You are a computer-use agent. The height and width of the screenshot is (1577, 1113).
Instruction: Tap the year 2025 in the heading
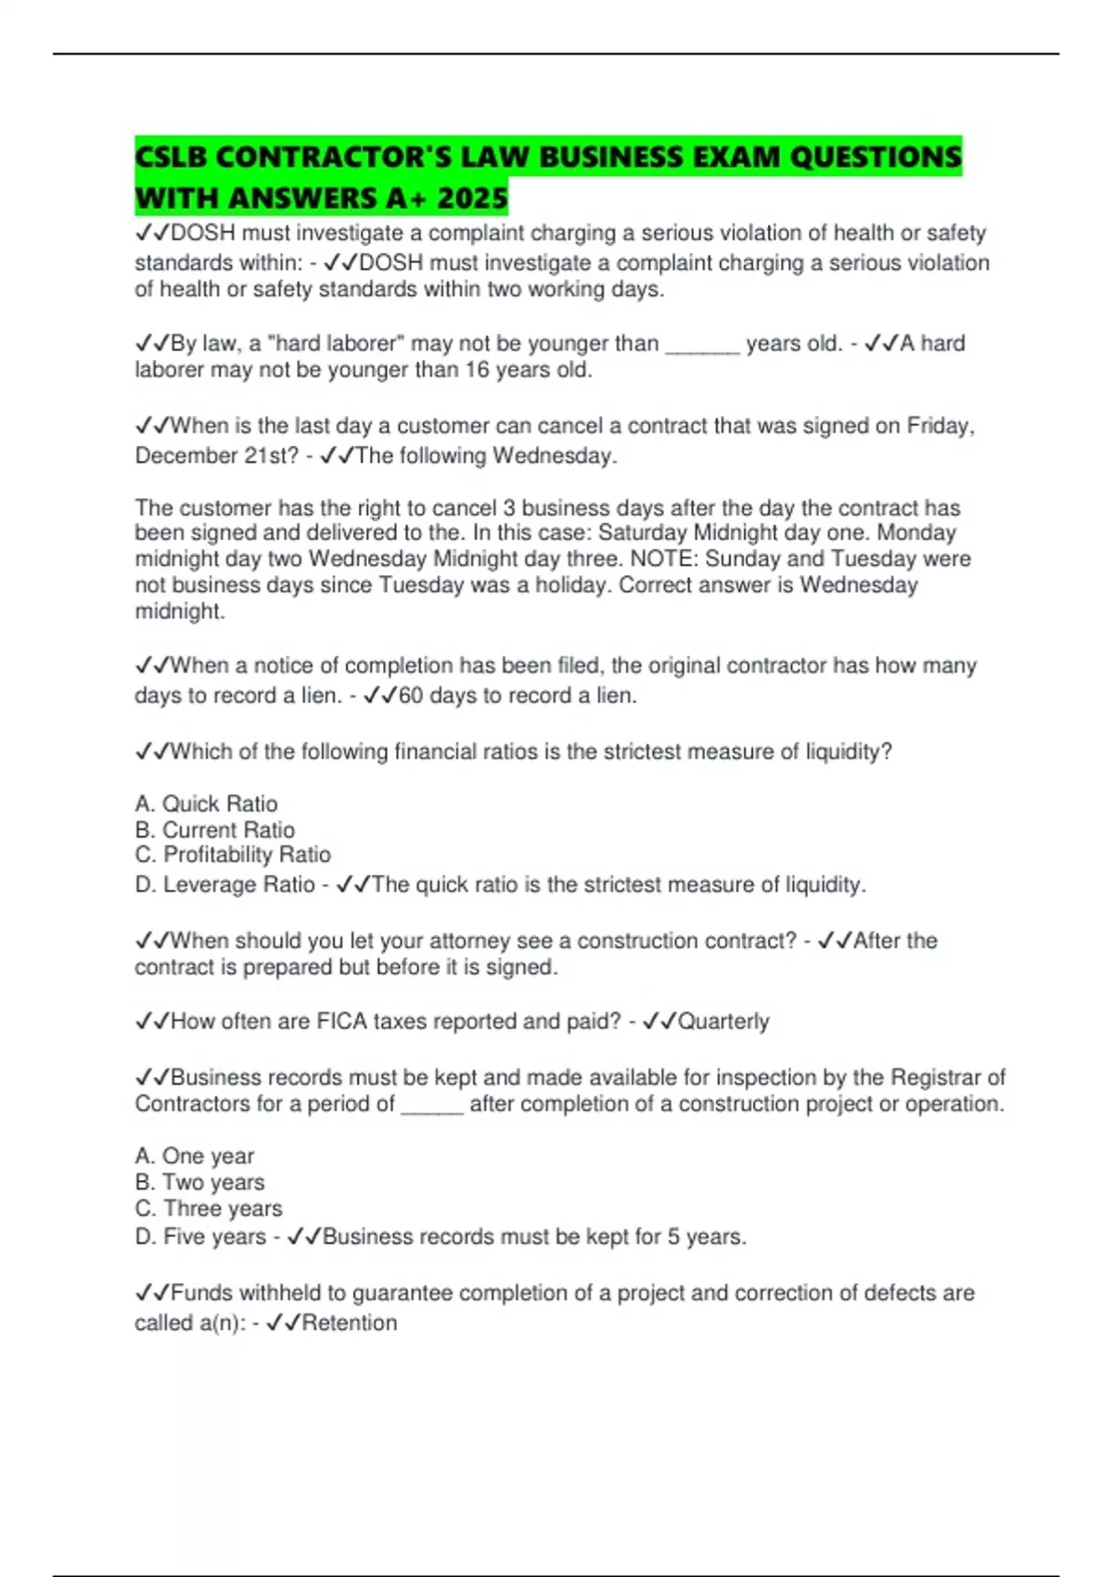click(472, 198)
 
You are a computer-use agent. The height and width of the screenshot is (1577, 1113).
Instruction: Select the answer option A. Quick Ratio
click(206, 803)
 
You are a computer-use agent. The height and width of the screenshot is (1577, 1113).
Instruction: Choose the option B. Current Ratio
click(214, 829)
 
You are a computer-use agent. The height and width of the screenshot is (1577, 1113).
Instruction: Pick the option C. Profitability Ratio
click(232, 854)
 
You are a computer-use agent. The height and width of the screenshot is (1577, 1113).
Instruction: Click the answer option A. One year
click(194, 1156)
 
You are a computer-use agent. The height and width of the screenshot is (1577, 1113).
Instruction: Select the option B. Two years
click(199, 1182)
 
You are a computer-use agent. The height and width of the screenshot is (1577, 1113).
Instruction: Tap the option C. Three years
click(208, 1208)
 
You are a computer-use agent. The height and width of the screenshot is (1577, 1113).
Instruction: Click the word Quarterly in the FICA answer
click(723, 1021)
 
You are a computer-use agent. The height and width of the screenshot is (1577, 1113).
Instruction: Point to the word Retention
click(350, 1323)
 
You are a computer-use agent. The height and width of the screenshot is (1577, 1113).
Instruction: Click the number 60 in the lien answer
click(410, 696)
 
